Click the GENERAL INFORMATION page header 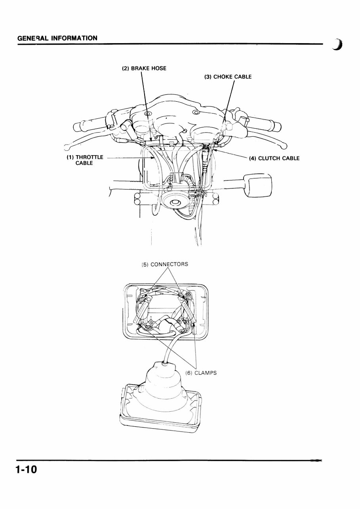tap(57, 38)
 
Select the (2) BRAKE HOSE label tap(144, 68)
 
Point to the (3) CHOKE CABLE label tap(228, 77)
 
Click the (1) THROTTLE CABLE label tap(84, 160)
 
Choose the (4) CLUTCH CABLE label tap(274, 159)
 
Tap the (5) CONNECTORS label tap(165, 264)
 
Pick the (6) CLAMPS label tap(201, 372)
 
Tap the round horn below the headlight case tap(175, 203)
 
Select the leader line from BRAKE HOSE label tap(145, 95)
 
